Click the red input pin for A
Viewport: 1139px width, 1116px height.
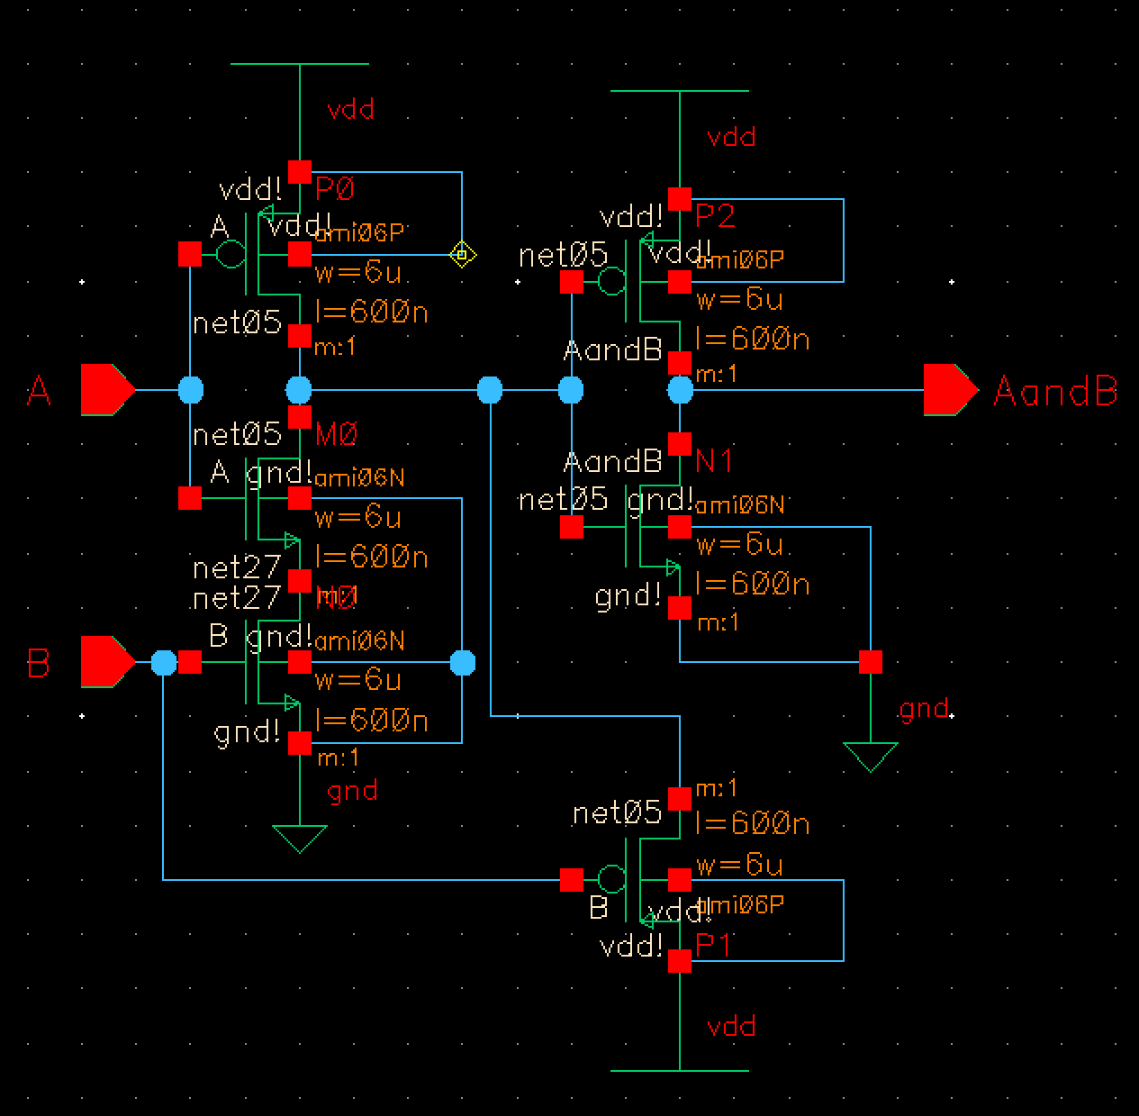coord(107,390)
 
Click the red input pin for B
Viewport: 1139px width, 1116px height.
coord(107,662)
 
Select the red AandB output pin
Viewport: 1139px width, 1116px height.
coord(950,390)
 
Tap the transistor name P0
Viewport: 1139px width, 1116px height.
coord(335,189)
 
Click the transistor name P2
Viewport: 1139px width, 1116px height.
coord(716,216)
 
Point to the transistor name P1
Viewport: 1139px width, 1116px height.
coord(714,945)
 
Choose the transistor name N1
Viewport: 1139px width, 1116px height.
coord(714,462)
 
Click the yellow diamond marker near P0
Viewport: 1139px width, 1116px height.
coord(462,255)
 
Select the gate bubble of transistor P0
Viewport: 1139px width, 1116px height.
coord(231,255)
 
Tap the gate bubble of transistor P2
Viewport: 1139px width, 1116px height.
coord(611,282)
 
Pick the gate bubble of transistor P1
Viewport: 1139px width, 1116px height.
coord(611,878)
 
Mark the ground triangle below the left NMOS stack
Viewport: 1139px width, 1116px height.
coord(299,839)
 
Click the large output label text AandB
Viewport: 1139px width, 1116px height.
coord(1055,392)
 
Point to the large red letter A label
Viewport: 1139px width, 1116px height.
coord(39,392)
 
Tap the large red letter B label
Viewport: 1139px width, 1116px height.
coord(39,664)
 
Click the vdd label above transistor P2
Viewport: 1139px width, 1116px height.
coord(731,137)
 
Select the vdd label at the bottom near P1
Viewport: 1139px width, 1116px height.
coord(731,1026)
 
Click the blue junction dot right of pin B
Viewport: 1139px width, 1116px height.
coord(163,663)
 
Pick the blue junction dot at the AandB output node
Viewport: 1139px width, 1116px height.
coord(681,390)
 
